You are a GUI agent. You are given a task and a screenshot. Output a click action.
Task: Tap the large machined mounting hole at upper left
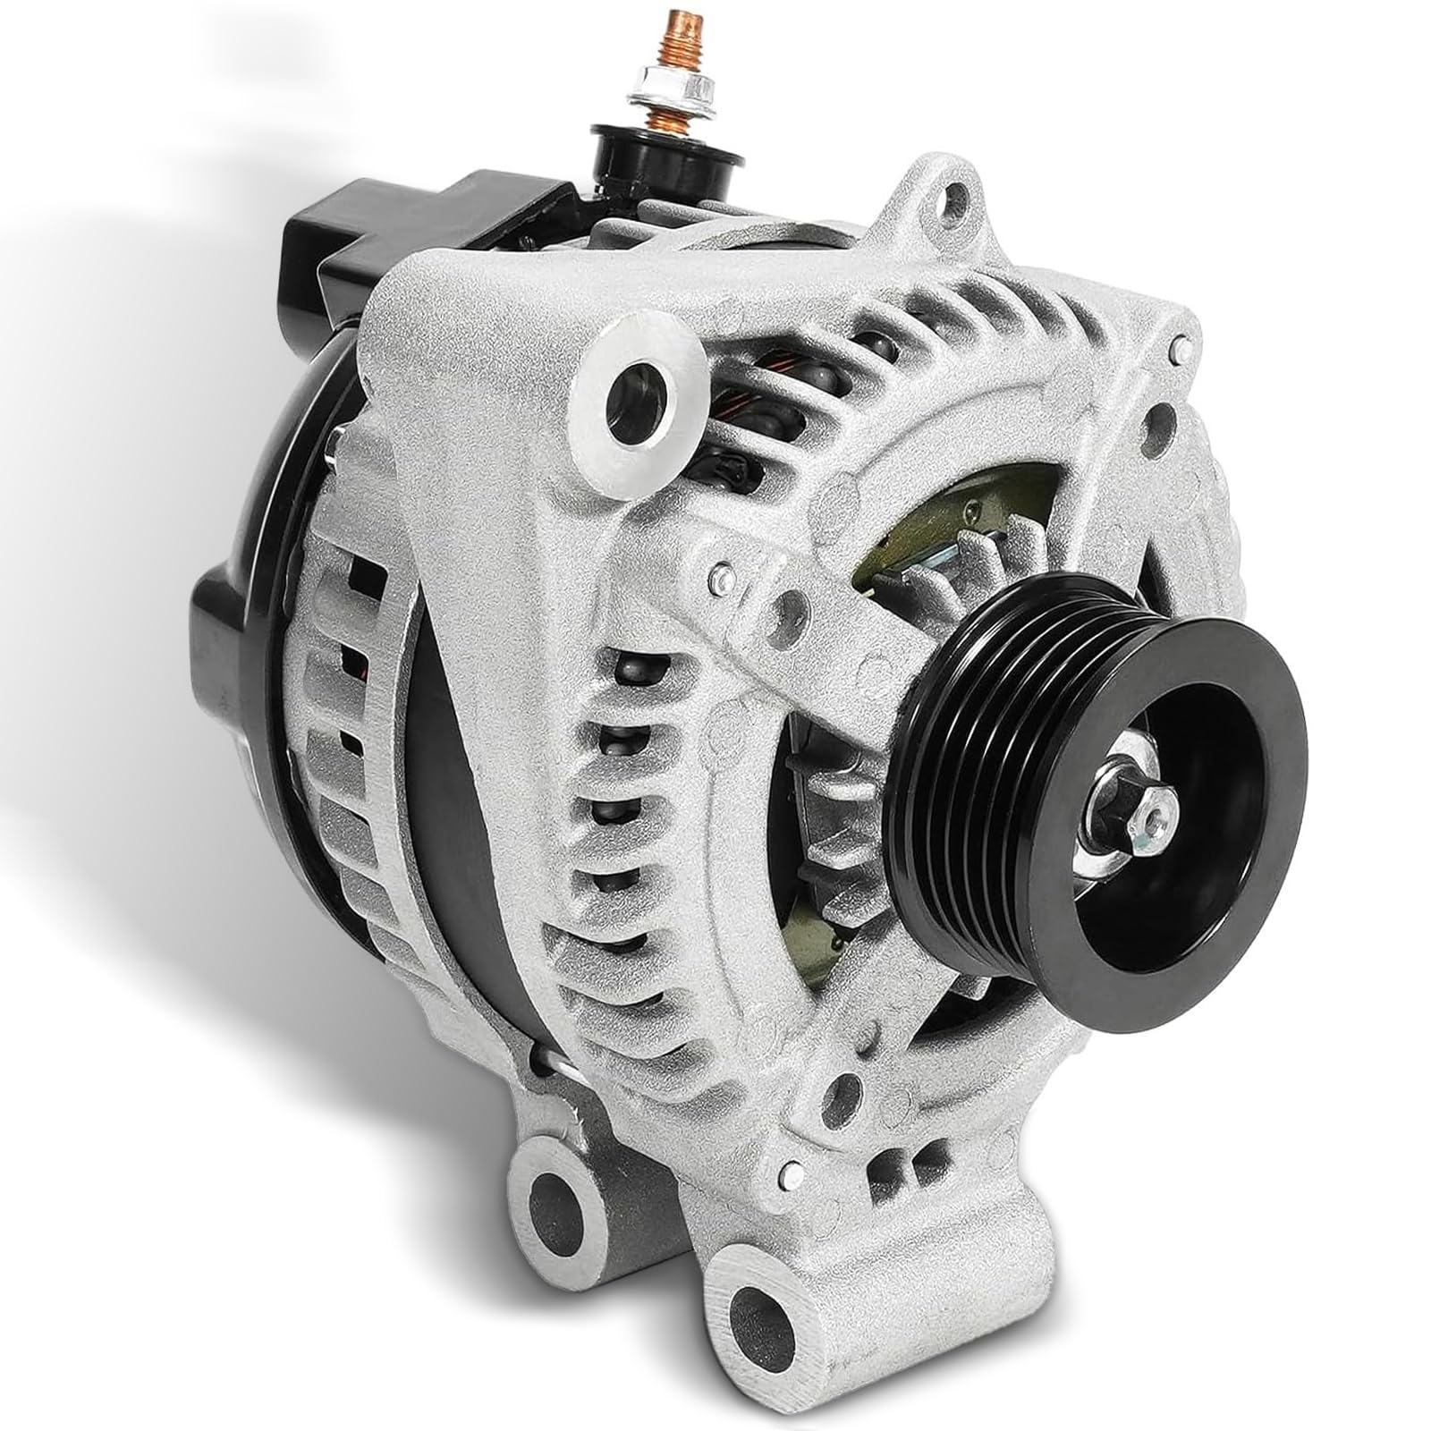(636, 398)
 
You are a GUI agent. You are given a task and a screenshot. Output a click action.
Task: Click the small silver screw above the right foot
(789, 1171)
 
